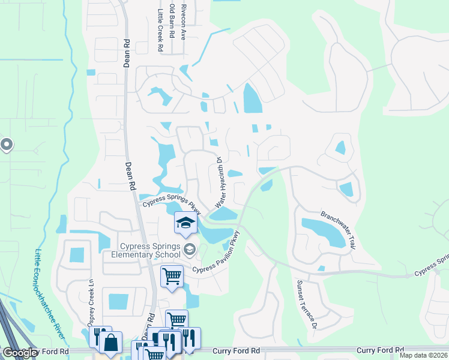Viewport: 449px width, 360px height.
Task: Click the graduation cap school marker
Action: [186, 223]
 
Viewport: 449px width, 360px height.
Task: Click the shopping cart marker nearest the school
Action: [172, 277]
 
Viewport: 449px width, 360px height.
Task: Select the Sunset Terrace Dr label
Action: [306, 305]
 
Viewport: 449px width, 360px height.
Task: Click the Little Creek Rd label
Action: [160, 29]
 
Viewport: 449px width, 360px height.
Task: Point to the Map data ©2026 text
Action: [423, 355]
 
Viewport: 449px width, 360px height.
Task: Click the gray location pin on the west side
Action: [7, 145]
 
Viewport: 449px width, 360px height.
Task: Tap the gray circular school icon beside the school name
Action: [190, 250]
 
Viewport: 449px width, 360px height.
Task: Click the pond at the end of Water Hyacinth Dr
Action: [223, 214]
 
